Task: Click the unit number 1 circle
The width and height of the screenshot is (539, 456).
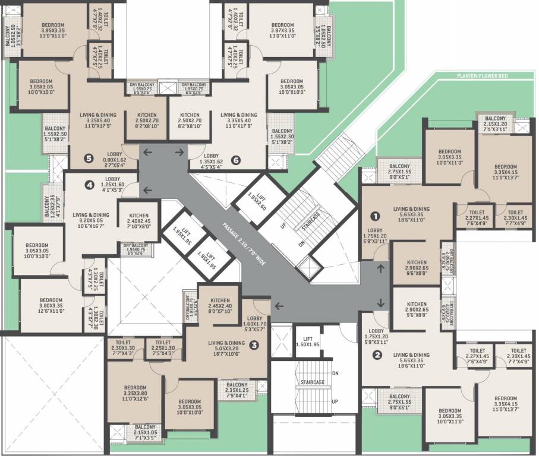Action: click(x=375, y=216)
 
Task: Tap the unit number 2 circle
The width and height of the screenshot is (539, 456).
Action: click(x=377, y=356)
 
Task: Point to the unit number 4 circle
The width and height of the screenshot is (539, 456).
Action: click(x=90, y=185)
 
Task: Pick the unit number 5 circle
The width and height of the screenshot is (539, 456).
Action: click(x=89, y=159)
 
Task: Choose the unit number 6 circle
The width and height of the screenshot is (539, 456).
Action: click(x=235, y=160)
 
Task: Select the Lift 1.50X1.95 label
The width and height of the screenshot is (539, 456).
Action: click(x=308, y=341)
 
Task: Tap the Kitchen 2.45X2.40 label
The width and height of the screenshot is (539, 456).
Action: click(x=218, y=305)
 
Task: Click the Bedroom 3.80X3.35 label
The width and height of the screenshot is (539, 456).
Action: click(x=51, y=304)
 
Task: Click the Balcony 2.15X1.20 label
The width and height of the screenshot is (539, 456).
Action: click(x=495, y=122)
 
